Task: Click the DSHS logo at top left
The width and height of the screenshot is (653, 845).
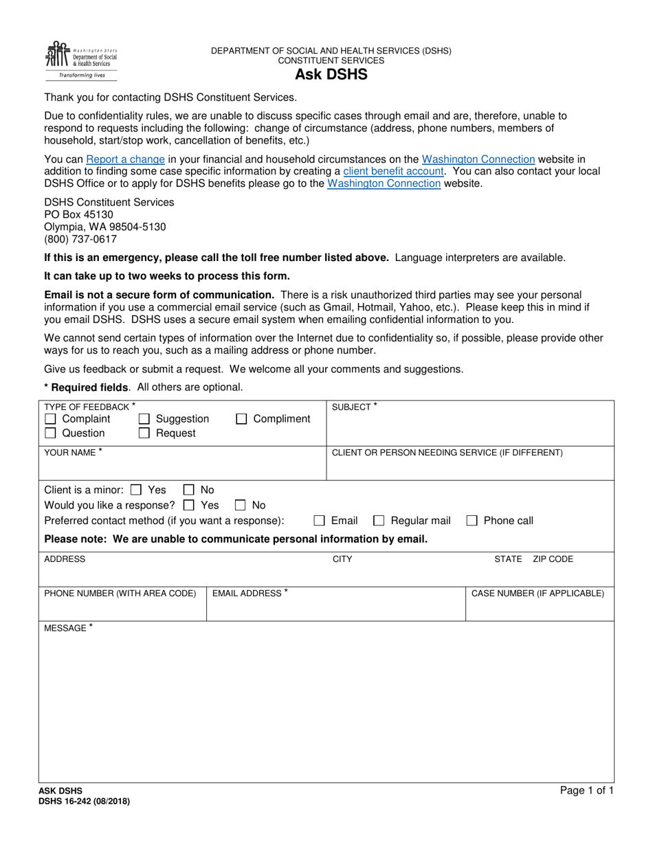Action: click(x=81, y=60)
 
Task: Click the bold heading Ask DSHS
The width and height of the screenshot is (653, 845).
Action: click(x=331, y=75)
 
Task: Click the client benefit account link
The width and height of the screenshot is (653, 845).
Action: click(x=393, y=171)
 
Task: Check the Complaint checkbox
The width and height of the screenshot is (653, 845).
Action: click(x=50, y=419)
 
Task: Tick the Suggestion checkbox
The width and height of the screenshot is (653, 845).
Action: click(x=144, y=419)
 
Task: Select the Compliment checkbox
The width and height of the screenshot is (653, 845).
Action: click(x=241, y=419)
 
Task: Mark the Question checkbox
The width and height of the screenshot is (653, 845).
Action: click(x=50, y=433)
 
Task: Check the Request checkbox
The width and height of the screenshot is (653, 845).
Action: click(x=144, y=433)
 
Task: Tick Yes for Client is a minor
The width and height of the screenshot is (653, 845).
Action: click(x=136, y=491)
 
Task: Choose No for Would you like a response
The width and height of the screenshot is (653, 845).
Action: click(x=241, y=506)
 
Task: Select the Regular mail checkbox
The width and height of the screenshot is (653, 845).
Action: click(x=379, y=521)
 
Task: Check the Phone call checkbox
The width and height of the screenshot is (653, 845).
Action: click(x=472, y=521)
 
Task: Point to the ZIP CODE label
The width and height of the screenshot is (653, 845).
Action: click(x=553, y=559)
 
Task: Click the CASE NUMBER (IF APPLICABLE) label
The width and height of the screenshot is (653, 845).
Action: click(x=538, y=594)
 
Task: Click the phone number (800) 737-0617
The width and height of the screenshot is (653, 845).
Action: click(x=80, y=239)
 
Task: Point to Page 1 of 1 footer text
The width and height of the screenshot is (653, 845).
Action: click(x=586, y=791)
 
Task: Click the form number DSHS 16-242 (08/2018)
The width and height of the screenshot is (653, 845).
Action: click(x=84, y=801)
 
